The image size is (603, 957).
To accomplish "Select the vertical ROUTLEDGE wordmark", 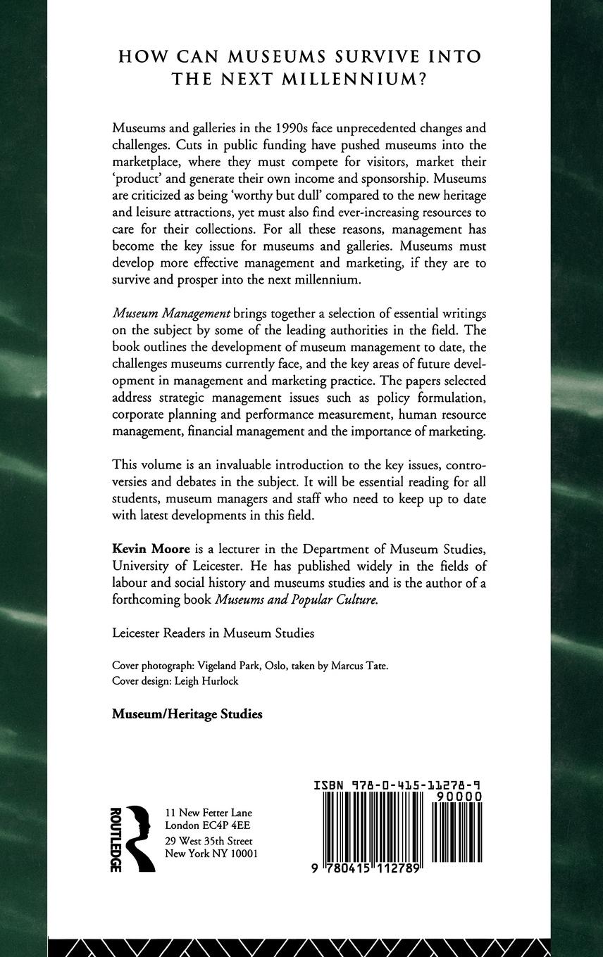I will point(118,839).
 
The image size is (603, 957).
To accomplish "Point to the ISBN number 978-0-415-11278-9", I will point(398,784).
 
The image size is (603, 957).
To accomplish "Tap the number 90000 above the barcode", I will point(459,796).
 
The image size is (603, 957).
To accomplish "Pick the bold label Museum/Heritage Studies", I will point(187,714).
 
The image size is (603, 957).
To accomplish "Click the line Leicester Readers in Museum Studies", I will point(213,633).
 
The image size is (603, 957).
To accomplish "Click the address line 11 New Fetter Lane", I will point(208,812).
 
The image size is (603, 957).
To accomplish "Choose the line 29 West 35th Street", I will point(209,842).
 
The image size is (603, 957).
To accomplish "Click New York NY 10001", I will point(211,854).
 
